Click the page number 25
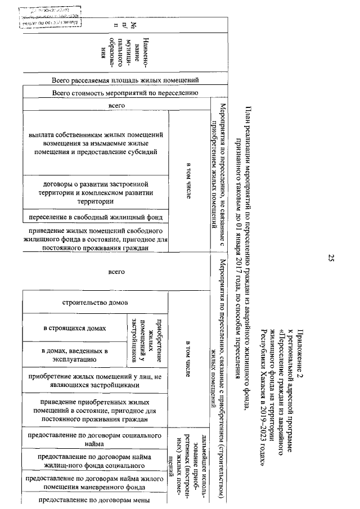pos(331,258)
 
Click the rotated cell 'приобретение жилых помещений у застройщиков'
pos(149,340)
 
